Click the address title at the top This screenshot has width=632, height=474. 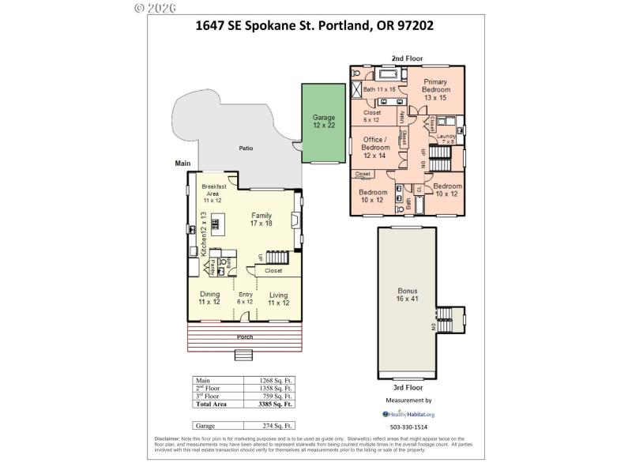pyautogui.click(x=314, y=24)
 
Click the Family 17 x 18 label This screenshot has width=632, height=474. pyautogui.click(x=261, y=220)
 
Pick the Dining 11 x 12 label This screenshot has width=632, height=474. pyautogui.click(x=209, y=298)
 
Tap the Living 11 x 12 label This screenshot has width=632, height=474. pyautogui.click(x=278, y=298)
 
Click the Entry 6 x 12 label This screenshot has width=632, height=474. pyautogui.click(x=245, y=298)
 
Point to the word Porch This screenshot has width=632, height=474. pyautogui.click(x=245, y=337)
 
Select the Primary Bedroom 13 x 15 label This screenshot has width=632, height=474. pyautogui.click(x=435, y=89)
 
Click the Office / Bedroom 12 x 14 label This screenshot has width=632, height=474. pyautogui.click(x=375, y=147)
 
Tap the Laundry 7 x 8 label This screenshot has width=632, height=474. pyautogui.click(x=446, y=139)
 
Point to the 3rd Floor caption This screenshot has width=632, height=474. pyautogui.click(x=408, y=388)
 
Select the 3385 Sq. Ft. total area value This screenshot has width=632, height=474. pyautogui.click(x=276, y=404)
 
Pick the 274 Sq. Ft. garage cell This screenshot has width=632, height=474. pyautogui.click(x=276, y=426)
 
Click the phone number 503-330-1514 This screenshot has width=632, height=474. pyautogui.click(x=408, y=427)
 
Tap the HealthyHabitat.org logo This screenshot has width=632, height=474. pyautogui.click(x=408, y=414)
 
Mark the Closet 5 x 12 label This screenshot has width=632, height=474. pyautogui.click(x=372, y=116)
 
